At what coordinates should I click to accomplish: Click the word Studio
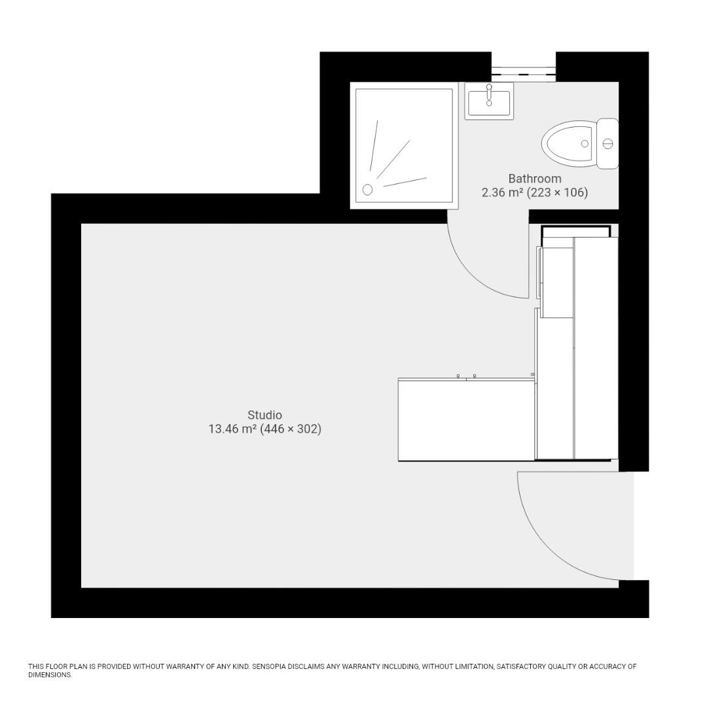[264, 415]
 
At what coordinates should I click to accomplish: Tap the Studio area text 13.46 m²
[232, 429]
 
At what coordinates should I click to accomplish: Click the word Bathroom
[535, 179]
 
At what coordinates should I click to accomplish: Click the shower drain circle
[367, 190]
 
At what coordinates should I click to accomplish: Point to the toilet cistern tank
[608, 143]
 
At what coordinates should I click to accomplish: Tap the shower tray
[404, 145]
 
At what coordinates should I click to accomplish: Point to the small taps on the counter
[466, 376]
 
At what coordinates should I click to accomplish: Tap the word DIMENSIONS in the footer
[50, 675]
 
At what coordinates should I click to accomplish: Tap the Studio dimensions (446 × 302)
[291, 429]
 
